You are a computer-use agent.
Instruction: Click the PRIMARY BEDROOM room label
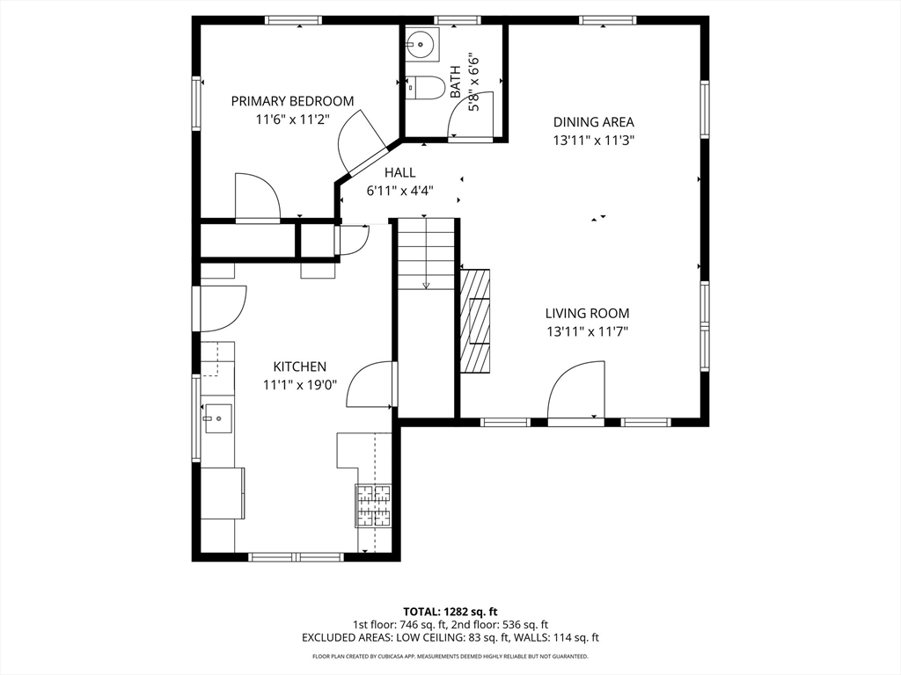coord(292,102)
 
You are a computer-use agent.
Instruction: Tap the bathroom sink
coord(421,44)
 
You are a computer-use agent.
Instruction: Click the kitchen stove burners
coord(373,506)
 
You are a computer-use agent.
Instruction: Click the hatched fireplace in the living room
coord(475,322)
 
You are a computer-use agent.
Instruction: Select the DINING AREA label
coord(594,122)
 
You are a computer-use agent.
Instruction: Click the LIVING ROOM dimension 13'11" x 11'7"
coord(587,331)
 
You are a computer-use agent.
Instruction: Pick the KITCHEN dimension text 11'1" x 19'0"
coord(299,385)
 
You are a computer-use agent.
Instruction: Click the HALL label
coord(400,172)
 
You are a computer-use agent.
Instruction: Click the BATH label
coord(455,82)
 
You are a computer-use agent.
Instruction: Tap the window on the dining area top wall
coord(608,21)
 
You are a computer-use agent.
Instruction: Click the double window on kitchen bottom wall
coord(296,556)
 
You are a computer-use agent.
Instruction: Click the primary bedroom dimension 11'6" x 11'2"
coord(292,120)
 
